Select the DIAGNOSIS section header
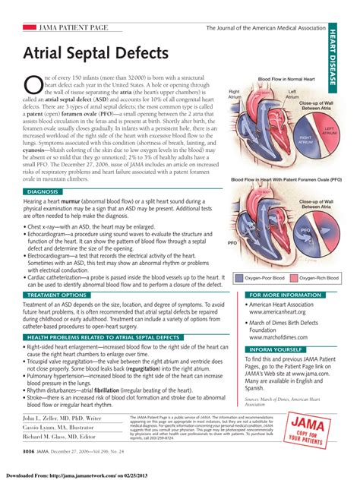coord(44,192)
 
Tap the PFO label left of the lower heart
coord(232,243)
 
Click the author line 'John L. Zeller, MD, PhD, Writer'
coord(62,418)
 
